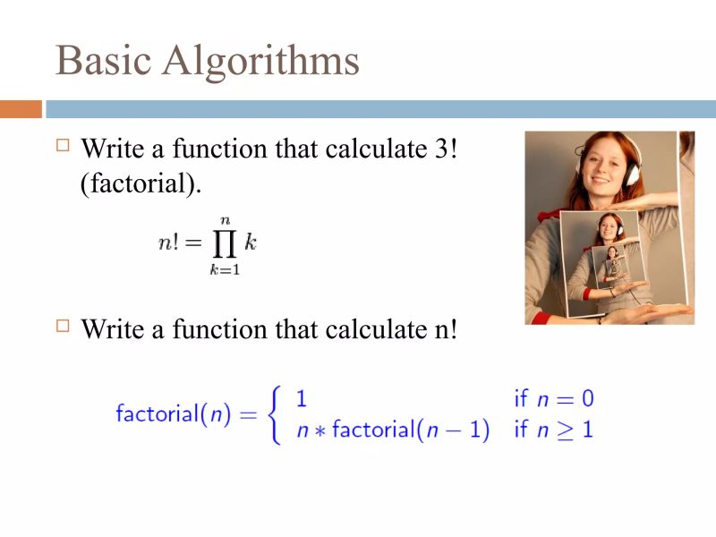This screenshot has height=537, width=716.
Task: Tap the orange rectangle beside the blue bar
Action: point(21,109)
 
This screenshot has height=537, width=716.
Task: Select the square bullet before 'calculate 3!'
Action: point(62,144)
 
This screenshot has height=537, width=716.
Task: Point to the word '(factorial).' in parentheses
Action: point(141,183)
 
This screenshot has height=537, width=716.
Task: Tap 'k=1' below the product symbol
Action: point(225,270)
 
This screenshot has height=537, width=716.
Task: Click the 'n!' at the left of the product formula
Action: point(171,243)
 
